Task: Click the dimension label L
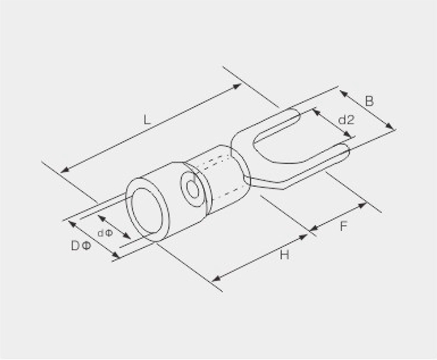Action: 147,120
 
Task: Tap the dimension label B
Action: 369,102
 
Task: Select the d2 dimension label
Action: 346,120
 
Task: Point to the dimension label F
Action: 344,226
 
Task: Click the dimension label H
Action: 284,255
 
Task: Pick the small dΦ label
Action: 105,233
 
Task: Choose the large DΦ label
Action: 81,246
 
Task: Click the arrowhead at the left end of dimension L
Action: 64,169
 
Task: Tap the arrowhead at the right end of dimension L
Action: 237,86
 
